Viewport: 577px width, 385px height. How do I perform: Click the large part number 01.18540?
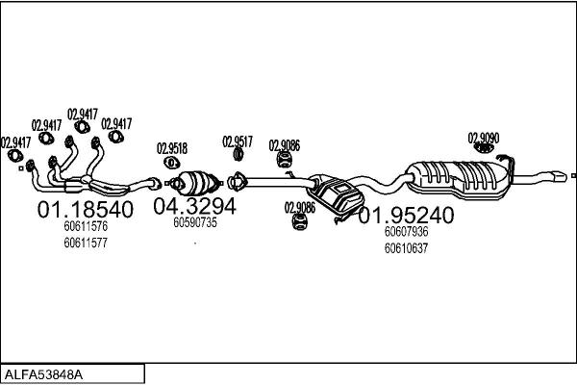coord(85,209)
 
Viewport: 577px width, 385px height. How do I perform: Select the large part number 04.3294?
coord(195,205)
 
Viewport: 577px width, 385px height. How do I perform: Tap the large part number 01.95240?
coord(405,216)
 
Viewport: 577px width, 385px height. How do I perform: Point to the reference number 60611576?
coord(85,226)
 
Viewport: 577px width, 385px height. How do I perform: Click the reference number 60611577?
coord(85,243)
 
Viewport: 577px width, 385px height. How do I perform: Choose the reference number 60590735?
coord(195,222)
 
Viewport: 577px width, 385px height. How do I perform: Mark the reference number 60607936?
coord(406,232)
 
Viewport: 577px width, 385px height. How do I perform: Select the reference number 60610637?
coord(406,248)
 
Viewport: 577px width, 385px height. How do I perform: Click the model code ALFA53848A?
coord(44,372)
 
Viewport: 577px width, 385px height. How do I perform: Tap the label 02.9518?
coord(172,148)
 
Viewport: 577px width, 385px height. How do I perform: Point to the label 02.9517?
coord(238,141)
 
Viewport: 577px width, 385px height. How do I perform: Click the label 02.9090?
coord(484,138)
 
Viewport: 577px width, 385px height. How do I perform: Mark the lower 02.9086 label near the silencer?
coord(299,207)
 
